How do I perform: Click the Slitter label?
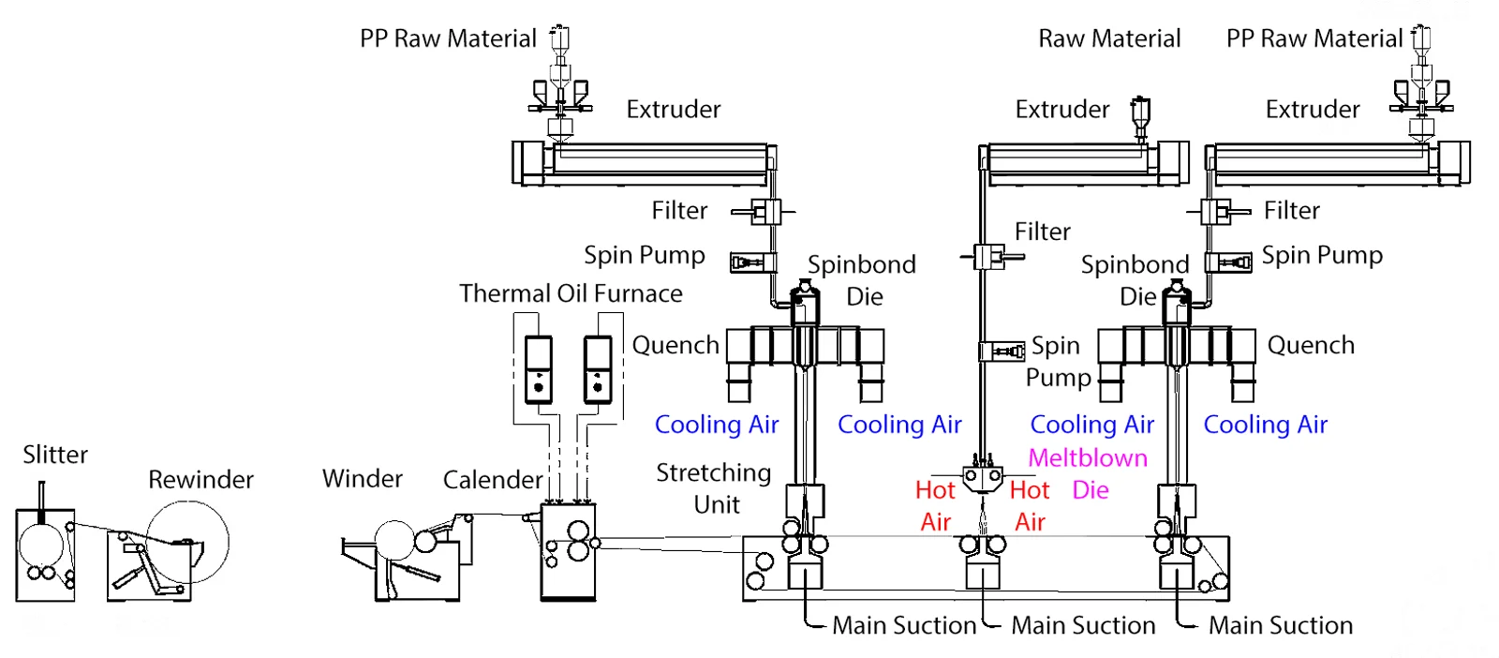pos(55,455)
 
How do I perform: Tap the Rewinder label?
pos(200,480)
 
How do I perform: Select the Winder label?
pos(362,479)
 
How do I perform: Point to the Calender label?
pos(492,480)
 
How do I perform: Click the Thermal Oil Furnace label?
pos(571,293)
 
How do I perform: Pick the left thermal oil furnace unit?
pos(538,369)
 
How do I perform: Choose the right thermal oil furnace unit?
pos(597,369)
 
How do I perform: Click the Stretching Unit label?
pos(714,488)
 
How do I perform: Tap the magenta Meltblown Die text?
pos(1088,473)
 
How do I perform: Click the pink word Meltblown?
pos(1087,457)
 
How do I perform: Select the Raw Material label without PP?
pos(1109,38)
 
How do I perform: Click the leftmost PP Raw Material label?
pos(448,38)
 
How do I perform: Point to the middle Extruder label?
pos(1061,110)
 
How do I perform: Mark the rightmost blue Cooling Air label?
pos(1265,425)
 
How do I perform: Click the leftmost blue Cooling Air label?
pos(717,425)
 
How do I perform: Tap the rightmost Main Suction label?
pos(1280,625)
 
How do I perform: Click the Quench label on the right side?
pos(1310,345)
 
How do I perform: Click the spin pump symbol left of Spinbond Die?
pos(752,262)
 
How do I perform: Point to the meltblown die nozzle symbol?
pos(982,479)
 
